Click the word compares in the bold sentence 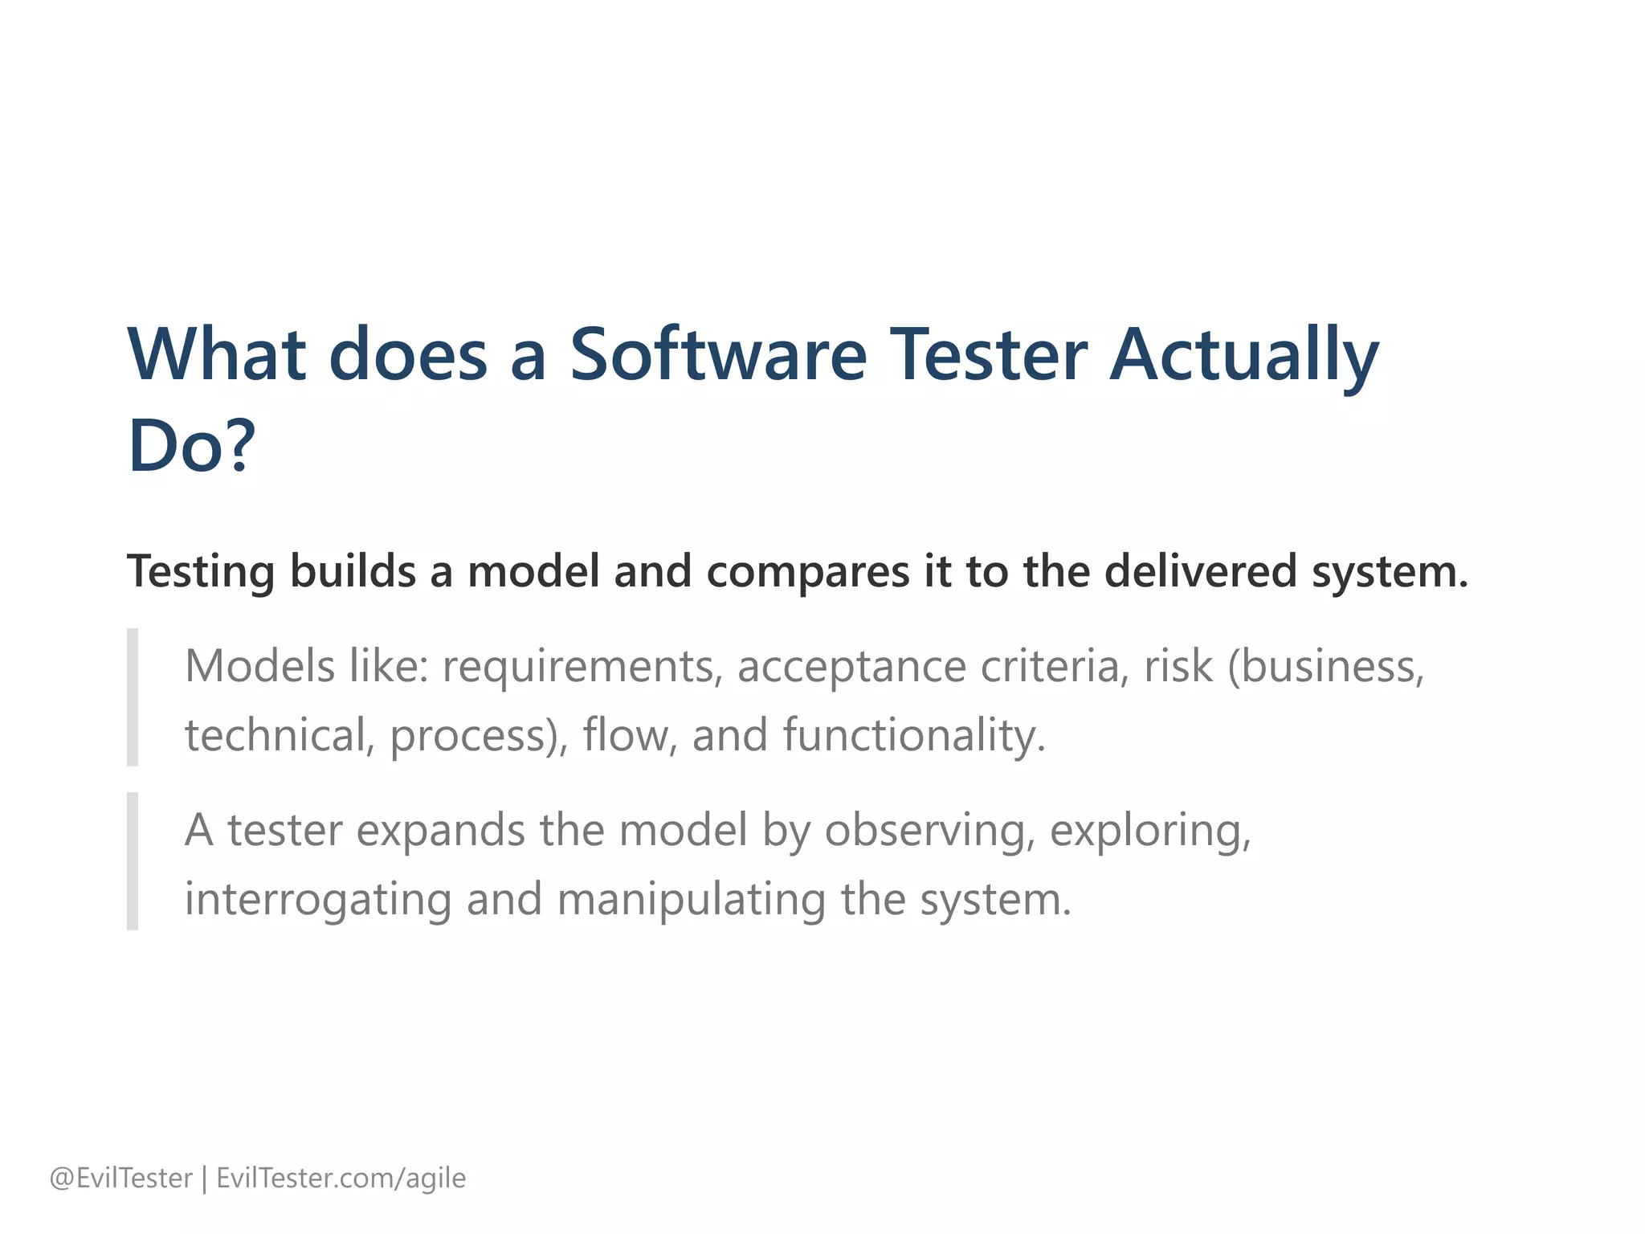coord(808,572)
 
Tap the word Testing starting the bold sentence coord(201,572)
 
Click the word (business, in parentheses coord(1325,667)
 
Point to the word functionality coord(914,735)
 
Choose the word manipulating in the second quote coord(691,899)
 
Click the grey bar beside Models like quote coord(133,697)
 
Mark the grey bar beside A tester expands coord(133,861)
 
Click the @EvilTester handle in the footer coord(120,1179)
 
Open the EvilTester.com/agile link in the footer coord(341,1179)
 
